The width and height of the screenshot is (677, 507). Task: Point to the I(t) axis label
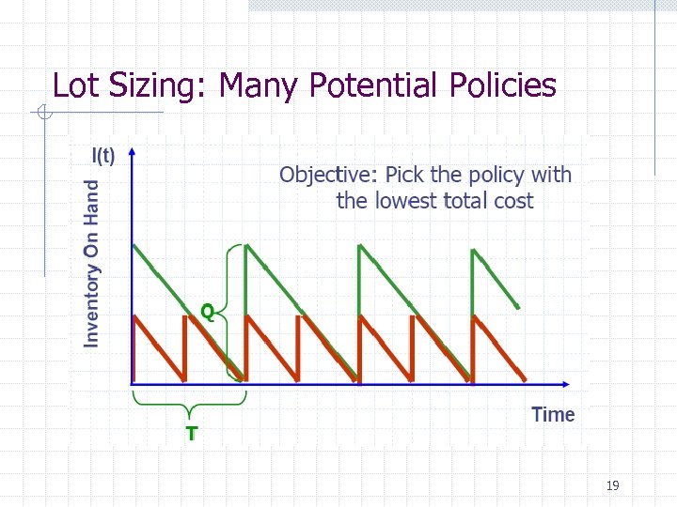coord(103,156)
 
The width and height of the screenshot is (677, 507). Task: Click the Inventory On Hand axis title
coord(92,264)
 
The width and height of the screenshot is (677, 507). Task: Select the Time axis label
coord(553,415)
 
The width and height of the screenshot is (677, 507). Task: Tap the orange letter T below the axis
coord(192,434)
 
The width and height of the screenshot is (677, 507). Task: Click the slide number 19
coord(613,485)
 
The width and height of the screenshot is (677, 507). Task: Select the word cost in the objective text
coord(510,201)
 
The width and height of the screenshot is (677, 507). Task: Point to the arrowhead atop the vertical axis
coord(133,151)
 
